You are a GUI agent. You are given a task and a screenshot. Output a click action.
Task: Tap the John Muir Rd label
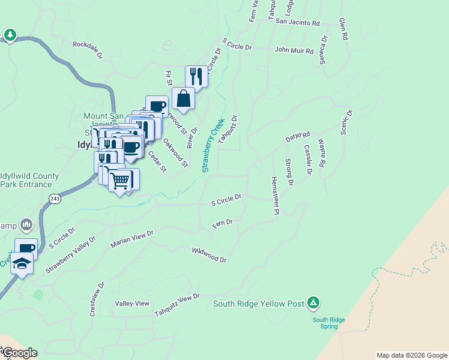pos(294,52)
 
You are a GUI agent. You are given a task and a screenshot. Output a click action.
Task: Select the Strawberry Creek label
pos(213,145)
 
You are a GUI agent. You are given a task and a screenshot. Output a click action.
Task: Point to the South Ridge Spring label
pos(328,323)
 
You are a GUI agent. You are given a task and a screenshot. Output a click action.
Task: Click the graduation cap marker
pos(22,264)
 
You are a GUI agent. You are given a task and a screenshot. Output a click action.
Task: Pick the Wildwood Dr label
pos(209,254)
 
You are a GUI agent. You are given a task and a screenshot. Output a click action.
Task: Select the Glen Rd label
pos(343,28)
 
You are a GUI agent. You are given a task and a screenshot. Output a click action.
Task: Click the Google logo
pos(19,353)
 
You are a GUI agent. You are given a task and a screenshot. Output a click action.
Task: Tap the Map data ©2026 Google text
pos(411,355)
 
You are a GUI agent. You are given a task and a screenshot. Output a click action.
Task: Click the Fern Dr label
pos(222,224)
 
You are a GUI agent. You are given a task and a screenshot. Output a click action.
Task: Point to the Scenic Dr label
pos(346,123)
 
